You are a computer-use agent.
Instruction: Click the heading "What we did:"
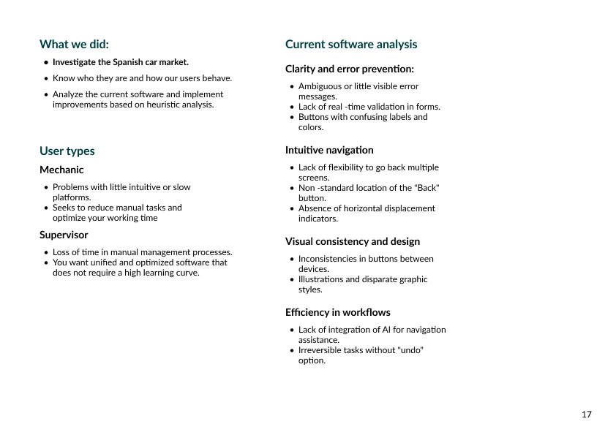tap(74, 45)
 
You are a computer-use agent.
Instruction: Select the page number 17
tap(586, 415)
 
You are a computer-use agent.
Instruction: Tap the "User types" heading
tap(67, 151)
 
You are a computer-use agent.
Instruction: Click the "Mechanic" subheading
tap(61, 170)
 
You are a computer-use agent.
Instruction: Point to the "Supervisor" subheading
tap(64, 235)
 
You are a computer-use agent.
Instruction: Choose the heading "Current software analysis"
tap(351, 45)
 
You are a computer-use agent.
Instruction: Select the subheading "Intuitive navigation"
tap(329, 150)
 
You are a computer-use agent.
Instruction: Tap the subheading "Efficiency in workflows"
tap(338, 312)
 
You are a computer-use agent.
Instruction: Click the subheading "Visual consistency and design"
tap(353, 241)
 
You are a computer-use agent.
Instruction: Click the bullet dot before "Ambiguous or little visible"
tap(292, 86)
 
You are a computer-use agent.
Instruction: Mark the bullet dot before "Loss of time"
tap(46, 252)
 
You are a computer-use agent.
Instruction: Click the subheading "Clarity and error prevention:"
tap(349, 69)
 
